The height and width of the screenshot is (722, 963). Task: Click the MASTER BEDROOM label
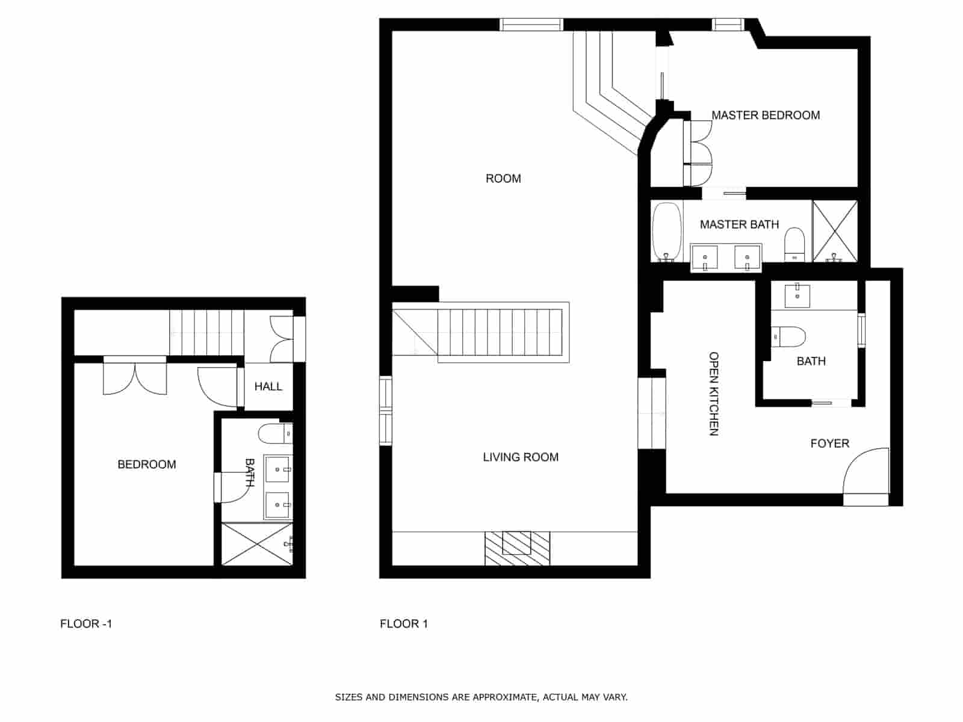pos(765,115)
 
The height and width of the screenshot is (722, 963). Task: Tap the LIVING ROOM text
pos(521,457)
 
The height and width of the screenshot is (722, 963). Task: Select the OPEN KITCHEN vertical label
pos(714,393)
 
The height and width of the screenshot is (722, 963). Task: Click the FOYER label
pos(829,443)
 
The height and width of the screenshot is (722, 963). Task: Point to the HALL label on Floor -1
pos(268,386)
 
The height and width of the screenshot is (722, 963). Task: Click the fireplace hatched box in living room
pos(517,548)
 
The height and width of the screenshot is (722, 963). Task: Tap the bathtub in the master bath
pos(667,232)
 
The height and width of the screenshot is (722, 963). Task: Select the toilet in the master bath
pos(794,244)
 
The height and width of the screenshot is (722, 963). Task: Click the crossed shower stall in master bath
pos(835,230)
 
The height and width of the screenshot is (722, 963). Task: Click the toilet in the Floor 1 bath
pos(789,337)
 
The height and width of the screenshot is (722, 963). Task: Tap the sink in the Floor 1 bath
pos(797,295)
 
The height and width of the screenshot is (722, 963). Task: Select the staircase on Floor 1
pos(500,332)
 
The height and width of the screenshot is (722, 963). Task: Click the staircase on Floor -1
pos(206,332)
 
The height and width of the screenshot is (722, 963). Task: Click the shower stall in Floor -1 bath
pos(256,545)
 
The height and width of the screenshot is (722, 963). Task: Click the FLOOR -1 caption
pos(86,624)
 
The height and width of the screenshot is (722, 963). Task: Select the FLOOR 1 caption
pos(403,624)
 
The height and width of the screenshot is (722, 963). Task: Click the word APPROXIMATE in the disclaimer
pos(504,697)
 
